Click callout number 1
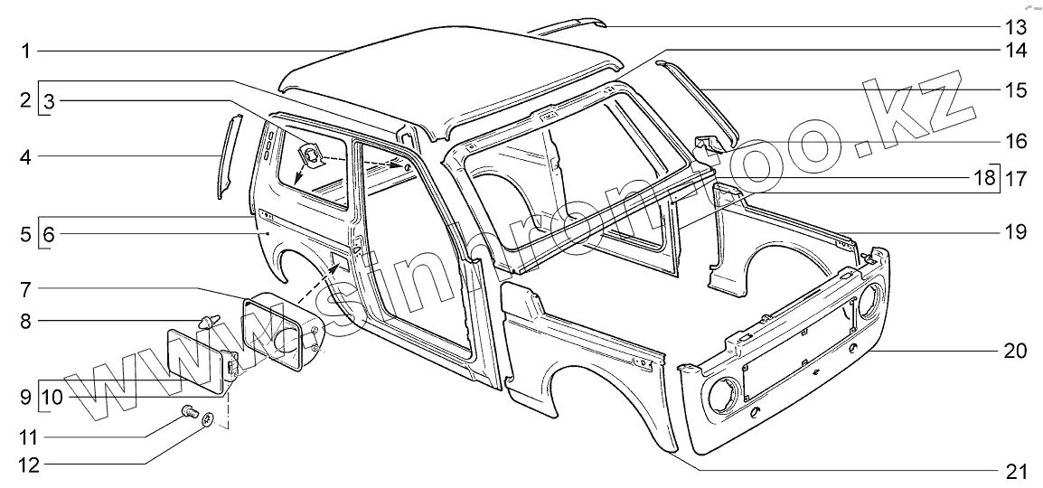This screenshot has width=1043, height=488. pyautogui.click(x=27, y=51)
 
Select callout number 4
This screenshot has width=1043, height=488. pyautogui.click(x=27, y=155)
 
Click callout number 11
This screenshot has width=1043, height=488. pyautogui.click(x=26, y=437)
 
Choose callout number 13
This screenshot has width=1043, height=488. pyautogui.click(x=1015, y=25)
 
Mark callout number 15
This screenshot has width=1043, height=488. pyautogui.click(x=1015, y=89)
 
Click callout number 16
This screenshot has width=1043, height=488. pyautogui.click(x=1015, y=141)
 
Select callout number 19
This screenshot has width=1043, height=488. pyautogui.click(x=1015, y=231)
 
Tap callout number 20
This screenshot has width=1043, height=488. pyautogui.click(x=1015, y=352)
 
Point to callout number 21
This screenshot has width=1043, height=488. pyautogui.click(x=1015, y=471)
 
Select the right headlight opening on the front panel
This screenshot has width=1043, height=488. pyautogui.click(x=870, y=301)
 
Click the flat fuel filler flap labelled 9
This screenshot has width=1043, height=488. pyautogui.click(x=194, y=358)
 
